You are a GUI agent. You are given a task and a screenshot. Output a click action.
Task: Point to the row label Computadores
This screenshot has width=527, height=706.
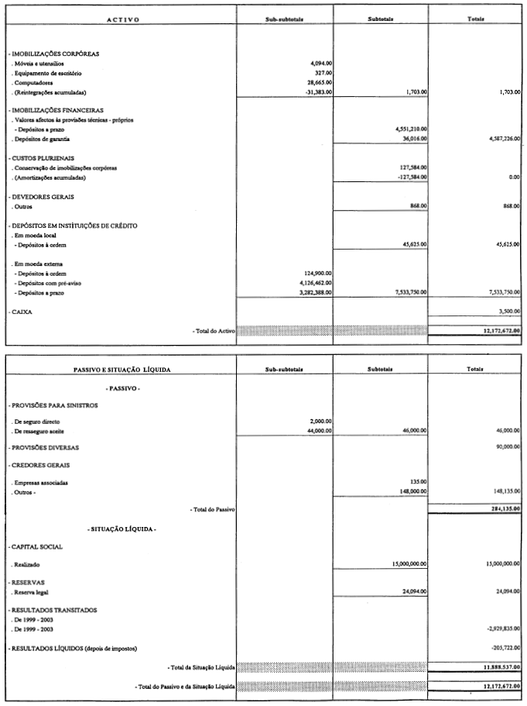click(36, 82)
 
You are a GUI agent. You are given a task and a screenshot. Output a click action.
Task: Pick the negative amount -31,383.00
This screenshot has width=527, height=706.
click(317, 91)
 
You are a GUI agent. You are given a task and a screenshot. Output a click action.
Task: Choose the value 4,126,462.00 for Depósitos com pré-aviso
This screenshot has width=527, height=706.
click(314, 283)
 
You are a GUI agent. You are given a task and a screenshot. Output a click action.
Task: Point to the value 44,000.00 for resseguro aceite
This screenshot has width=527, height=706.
click(318, 430)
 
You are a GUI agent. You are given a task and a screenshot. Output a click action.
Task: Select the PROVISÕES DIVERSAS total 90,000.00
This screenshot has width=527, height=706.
click(506, 447)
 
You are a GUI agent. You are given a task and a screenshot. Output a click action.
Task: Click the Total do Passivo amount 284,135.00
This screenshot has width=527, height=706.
click(504, 509)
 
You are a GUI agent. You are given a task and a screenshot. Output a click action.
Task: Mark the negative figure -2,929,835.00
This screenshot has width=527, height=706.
click(501, 630)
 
